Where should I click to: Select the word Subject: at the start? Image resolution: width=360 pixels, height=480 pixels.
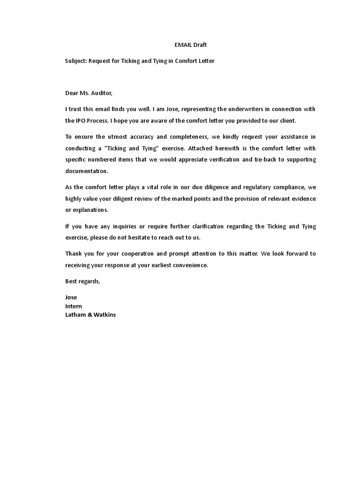(x=76, y=61)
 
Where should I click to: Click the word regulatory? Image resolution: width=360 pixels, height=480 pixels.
(x=249, y=187)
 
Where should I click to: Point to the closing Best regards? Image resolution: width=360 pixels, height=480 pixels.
(x=82, y=281)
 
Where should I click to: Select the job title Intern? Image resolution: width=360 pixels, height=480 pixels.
(x=74, y=306)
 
